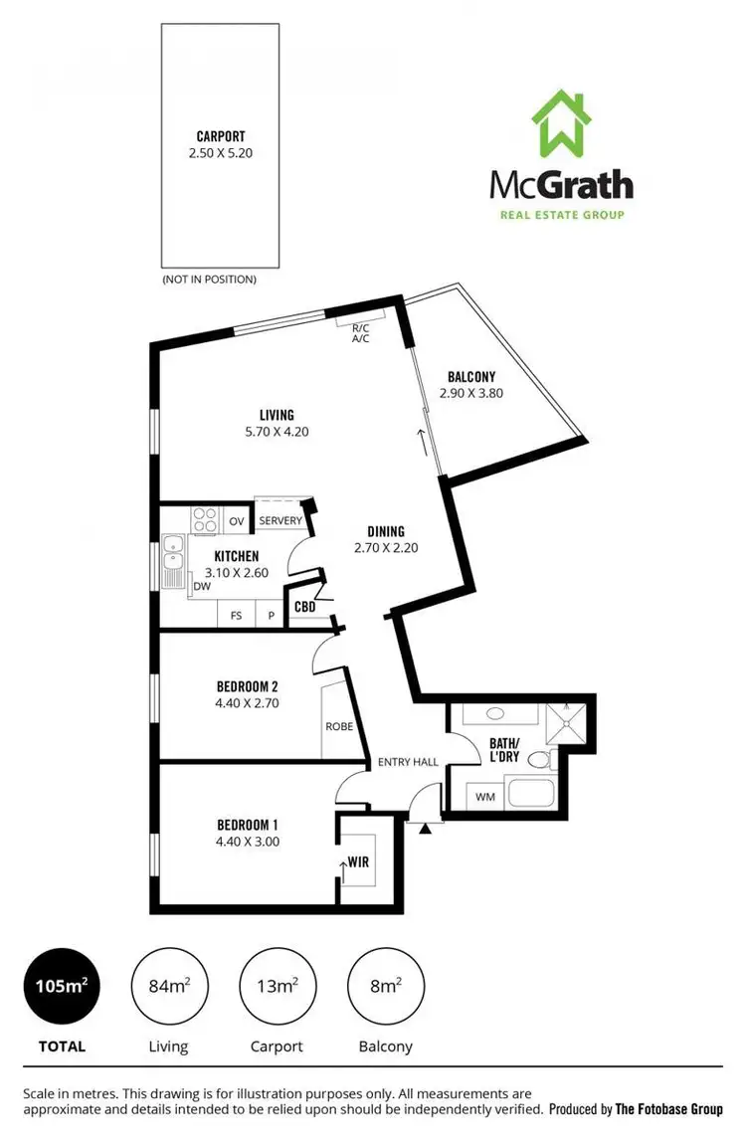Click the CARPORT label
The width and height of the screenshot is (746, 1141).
[x=220, y=136]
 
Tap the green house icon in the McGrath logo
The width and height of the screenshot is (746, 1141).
[x=562, y=124]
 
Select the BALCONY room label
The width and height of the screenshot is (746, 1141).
[x=471, y=377]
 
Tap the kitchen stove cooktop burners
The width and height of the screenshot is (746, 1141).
[x=205, y=520]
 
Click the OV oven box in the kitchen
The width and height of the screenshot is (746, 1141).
[x=237, y=521]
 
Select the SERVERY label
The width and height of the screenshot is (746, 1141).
[x=280, y=521]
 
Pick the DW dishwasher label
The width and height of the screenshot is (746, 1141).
[x=202, y=587]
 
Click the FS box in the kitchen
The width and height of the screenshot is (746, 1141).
[x=237, y=616]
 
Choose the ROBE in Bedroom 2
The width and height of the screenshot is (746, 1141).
[x=338, y=725]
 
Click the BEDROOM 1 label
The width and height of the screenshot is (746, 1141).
[x=248, y=825]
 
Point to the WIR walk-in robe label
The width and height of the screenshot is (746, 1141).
[x=358, y=861]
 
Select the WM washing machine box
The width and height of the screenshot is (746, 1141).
[x=485, y=796]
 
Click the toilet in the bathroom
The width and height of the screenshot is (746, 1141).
[x=540, y=761]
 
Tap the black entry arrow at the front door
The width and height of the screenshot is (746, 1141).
[x=426, y=828]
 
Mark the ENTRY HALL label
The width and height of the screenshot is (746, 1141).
[x=408, y=762]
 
